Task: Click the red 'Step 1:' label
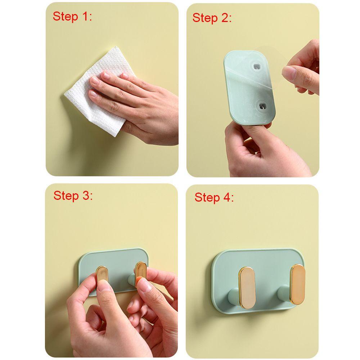click(72, 17)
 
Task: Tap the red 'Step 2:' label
click(212, 18)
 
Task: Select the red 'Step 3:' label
click(73, 196)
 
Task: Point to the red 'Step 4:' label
click(214, 197)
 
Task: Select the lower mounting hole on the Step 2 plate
click(262, 106)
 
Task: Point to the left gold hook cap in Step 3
click(102, 275)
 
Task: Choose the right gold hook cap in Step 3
click(140, 271)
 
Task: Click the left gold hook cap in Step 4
click(247, 288)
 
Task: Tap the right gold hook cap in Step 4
click(298, 284)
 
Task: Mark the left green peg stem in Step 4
click(234, 297)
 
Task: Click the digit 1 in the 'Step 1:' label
click(85, 16)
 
